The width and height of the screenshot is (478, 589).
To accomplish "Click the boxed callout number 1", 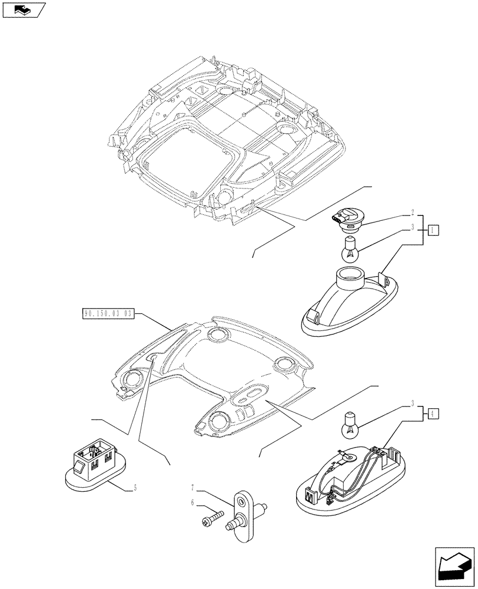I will pyautogui.click(x=433, y=230).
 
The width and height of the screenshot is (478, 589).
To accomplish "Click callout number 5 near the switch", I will pyautogui.click(x=135, y=487).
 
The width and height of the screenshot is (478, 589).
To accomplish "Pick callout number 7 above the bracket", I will pyautogui.click(x=192, y=488).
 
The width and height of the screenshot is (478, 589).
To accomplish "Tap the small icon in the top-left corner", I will pyautogui.click(x=24, y=9).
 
